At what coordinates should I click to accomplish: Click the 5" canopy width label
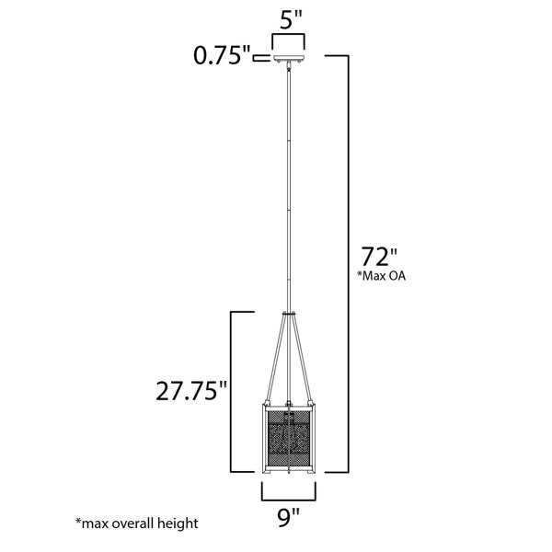291,20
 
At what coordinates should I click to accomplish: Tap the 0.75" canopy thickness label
222,55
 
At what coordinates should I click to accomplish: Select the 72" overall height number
379,257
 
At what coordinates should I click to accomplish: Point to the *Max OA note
382,276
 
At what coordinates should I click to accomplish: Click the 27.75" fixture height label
192,391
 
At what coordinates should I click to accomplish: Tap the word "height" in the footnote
178,523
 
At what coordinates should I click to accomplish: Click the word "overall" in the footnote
134,523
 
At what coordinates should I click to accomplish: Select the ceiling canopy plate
289,59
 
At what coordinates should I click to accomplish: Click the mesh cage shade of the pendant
289,438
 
